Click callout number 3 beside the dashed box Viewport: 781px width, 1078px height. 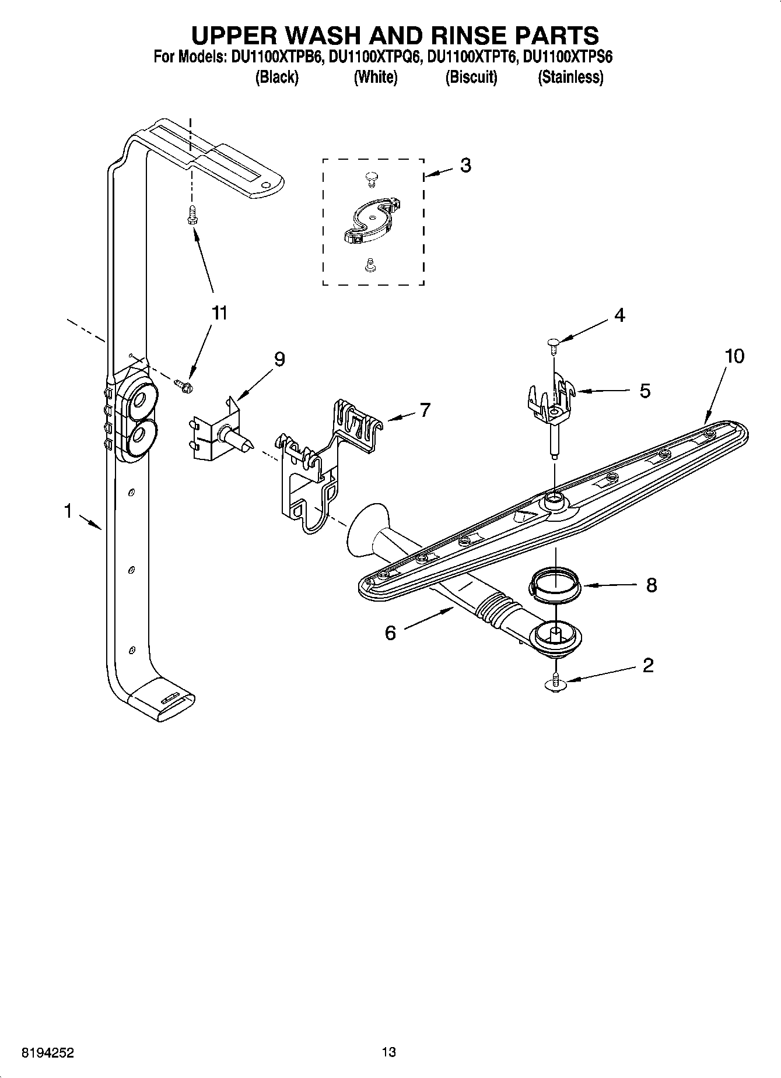coord(465,166)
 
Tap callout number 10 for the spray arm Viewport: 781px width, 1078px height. coord(734,356)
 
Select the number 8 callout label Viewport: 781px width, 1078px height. coord(651,585)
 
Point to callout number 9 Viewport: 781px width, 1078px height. coord(279,359)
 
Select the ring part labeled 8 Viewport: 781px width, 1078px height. coord(555,585)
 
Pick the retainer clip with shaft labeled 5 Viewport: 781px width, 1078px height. coord(551,408)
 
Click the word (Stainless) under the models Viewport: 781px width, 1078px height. coord(570,78)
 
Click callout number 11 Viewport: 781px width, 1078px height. coord(219,313)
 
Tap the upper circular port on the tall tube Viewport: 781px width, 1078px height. coord(141,399)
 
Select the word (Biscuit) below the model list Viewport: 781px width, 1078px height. coord(471,78)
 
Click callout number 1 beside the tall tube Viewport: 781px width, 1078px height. coord(68,512)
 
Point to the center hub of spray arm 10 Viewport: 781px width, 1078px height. coord(553,499)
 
